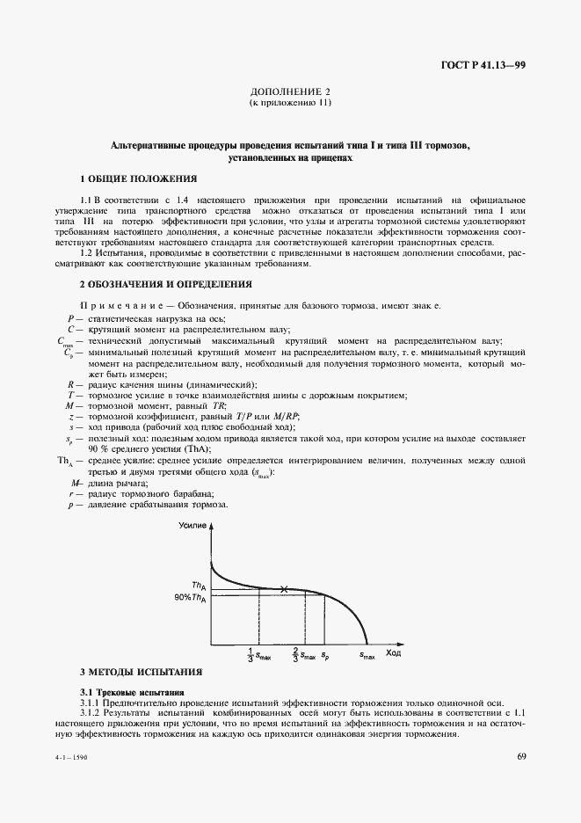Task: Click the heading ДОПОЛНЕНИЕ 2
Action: tap(290, 91)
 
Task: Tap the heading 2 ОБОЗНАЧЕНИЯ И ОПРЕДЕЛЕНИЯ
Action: tap(165, 284)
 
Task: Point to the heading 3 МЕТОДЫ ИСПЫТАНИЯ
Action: tap(141, 672)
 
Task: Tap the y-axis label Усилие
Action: tap(192, 525)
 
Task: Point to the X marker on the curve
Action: tap(283, 589)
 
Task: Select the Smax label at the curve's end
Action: tap(367, 656)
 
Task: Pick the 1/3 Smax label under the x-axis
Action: tap(259, 655)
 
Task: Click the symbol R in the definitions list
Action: tap(69, 384)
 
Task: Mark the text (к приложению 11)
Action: tap(290, 103)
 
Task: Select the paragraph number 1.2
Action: tap(88, 253)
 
